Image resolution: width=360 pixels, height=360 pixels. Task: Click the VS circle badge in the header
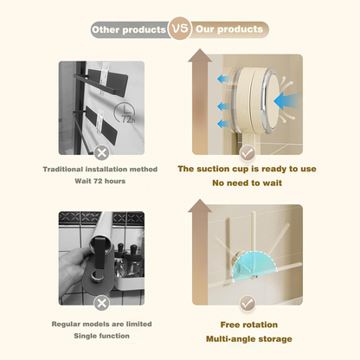[179, 29]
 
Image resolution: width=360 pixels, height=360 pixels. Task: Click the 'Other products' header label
[130, 29]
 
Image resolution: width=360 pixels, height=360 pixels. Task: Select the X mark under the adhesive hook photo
[102, 151]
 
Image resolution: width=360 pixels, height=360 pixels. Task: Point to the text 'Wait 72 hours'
[102, 183]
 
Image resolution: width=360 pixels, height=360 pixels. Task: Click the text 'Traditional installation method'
[102, 170]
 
